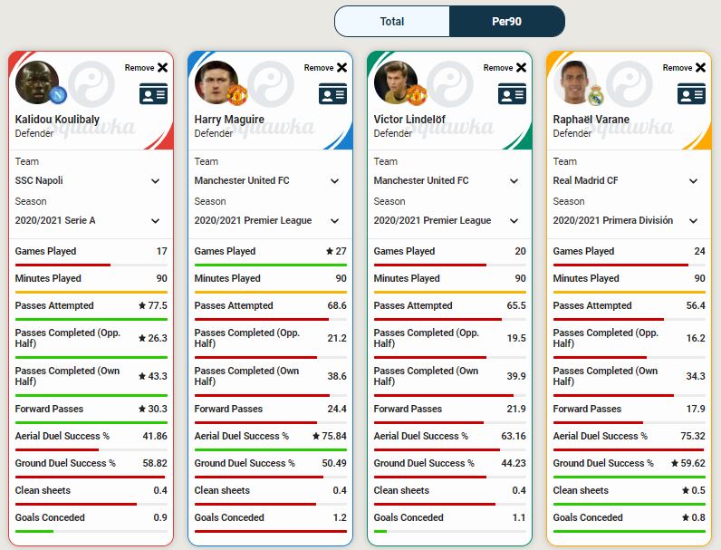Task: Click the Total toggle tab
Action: tap(391, 21)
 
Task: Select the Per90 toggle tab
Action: tap(506, 21)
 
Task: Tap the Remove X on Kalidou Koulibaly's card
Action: tap(162, 67)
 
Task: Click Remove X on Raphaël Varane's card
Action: tap(700, 67)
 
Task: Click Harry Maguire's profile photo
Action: tap(216, 82)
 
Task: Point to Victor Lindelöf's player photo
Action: tap(395, 82)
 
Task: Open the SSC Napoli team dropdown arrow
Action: tap(155, 180)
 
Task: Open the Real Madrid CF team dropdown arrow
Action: tap(693, 180)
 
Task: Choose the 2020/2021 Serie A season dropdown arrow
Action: tap(155, 220)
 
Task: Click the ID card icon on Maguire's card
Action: tap(332, 93)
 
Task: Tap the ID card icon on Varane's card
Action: tap(691, 93)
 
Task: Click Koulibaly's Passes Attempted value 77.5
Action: tap(157, 305)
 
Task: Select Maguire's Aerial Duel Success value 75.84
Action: tap(331, 436)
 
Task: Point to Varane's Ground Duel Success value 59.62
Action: tap(689, 463)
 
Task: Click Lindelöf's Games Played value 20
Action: tap(520, 251)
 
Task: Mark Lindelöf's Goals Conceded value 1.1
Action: tap(518, 517)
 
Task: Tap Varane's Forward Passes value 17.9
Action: tap(696, 409)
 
